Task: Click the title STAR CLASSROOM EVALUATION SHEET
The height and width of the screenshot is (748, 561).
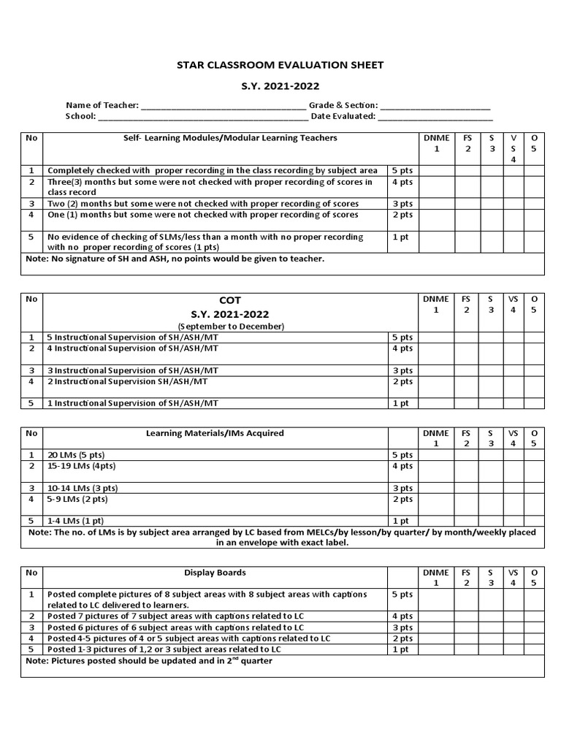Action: point(280,65)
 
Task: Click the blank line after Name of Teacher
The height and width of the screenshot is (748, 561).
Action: point(224,106)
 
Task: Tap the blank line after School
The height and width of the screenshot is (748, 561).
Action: point(202,116)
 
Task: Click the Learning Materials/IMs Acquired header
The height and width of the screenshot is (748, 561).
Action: point(215,433)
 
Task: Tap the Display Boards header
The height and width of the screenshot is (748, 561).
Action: point(215,573)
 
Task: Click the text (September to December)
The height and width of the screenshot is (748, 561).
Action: point(229,326)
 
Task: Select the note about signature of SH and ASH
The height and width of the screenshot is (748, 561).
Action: point(175,259)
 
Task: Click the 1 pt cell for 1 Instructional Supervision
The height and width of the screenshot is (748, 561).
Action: point(401,403)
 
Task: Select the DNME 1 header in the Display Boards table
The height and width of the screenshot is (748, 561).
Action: point(436,578)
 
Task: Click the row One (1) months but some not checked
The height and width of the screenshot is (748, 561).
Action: point(203,215)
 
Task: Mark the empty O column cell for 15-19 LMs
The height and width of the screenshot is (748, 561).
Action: point(534,470)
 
